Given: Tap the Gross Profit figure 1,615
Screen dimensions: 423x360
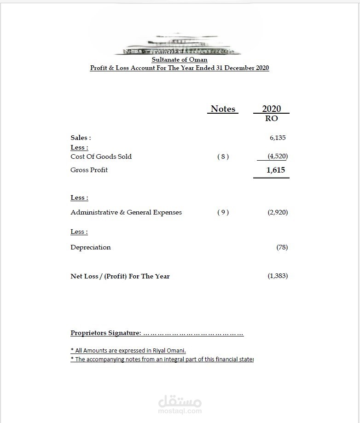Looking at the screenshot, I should [x=275, y=170].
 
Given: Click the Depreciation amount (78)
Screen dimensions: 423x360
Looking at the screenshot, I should [x=282, y=248].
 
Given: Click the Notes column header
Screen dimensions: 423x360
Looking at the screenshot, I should [x=223, y=109].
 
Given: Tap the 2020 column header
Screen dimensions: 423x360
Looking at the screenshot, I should [x=271, y=109].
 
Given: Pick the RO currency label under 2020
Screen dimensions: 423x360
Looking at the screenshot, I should [x=271, y=118].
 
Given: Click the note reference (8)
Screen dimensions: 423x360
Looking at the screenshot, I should [x=223, y=156].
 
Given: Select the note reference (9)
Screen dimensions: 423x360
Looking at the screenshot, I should [x=223, y=213].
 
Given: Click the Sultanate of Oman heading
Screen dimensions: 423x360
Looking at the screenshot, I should [x=180, y=60].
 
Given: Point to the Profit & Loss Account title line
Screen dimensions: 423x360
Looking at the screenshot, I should [x=180, y=68].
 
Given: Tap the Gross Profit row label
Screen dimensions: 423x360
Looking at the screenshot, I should [x=89, y=170].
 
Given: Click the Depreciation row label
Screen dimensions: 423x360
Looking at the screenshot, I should [x=90, y=248].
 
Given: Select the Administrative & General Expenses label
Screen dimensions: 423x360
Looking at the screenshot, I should [x=126, y=213].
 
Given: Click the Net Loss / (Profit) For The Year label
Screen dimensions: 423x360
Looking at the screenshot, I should [x=120, y=277].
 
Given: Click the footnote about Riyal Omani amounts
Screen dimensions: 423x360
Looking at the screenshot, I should [x=128, y=350].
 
